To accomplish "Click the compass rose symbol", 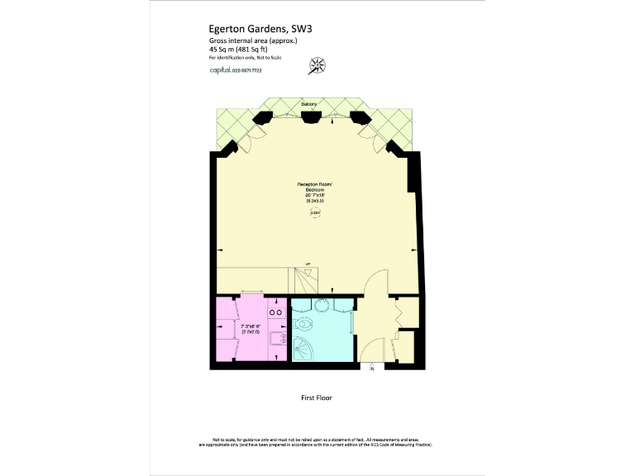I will click(316, 64).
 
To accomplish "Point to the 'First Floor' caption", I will click(316, 397).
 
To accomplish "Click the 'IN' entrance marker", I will click(372, 368).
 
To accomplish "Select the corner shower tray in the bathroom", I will click(303, 349).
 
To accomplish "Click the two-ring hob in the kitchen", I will click(276, 313).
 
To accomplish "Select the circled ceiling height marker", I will click(315, 213).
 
